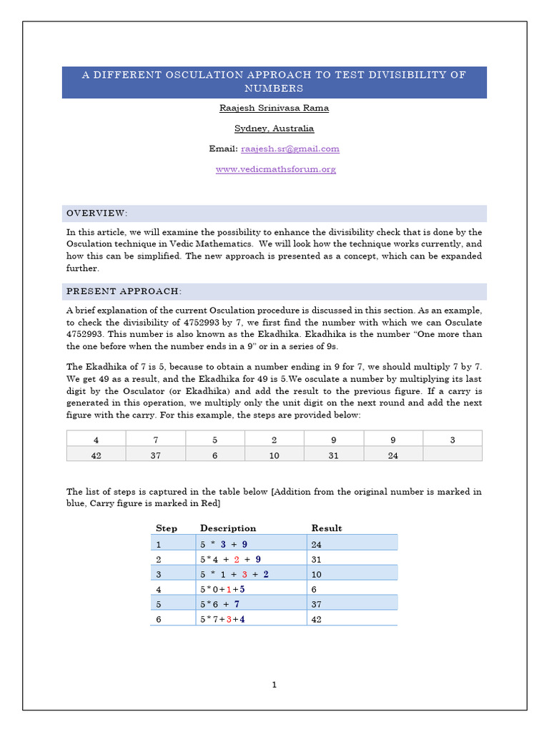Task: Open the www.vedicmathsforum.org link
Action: [x=275, y=169]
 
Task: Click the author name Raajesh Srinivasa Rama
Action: [x=274, y=108]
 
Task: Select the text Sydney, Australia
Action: [x=274, y=128]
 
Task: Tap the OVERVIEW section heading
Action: [x=97, y=213]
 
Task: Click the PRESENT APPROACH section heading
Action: [x=124, y=291]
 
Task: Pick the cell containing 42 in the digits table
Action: [x=96, y=455]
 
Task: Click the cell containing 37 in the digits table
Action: [x=155, y=455]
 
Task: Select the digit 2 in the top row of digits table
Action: [x=274, y=440]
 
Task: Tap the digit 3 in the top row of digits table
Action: [x=452, y=440]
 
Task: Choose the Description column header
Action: [x=228, y=528]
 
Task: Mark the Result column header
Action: [x=327, y=528]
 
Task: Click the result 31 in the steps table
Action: [x=317, y=559]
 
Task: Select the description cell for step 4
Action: [x=223, y=589]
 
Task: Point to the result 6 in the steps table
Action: [x=315, y=589]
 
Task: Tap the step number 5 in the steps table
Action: [x=159, y=604]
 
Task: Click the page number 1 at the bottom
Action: [x=274, y=685]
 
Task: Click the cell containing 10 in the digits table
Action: [x=274, y=455]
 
